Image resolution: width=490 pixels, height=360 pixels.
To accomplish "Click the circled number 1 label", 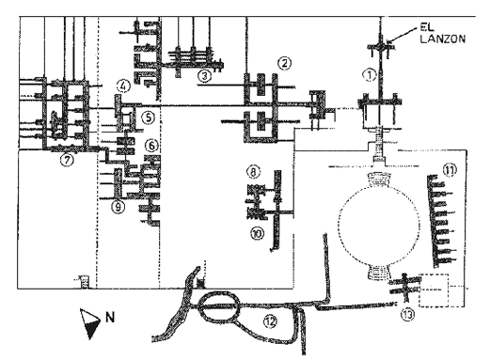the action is pos(370,75).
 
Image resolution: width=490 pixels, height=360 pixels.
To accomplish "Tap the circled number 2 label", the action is pos(284,64).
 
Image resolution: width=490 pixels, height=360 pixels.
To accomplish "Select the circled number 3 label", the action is pos(204,76).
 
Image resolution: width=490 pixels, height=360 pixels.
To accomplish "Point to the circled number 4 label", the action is pos(123,86).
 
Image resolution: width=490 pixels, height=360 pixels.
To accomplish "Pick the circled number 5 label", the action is pos(149,117).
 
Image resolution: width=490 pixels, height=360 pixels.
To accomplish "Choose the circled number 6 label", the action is pos(151,146).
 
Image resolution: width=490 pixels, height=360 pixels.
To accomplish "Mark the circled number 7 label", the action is pos(67,160).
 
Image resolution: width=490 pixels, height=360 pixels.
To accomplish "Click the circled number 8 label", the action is pos(253,172).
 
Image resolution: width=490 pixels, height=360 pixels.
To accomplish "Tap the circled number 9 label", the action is pos(118,207).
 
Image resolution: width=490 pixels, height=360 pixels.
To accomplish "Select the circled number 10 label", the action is pos(258,233).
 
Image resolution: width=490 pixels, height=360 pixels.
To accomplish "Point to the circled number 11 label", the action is pos(450,170).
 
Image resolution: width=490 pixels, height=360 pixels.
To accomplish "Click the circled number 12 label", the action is pos(270,321).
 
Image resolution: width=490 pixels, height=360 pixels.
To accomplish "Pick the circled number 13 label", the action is pos(408,315).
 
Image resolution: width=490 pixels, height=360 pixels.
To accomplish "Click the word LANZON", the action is pos(442,39).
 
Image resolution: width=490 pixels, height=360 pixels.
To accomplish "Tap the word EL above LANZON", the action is pos(427,27).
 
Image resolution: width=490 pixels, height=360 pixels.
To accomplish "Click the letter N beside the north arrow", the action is pos(110,318).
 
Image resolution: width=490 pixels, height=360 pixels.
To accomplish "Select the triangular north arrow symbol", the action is pos(90,323).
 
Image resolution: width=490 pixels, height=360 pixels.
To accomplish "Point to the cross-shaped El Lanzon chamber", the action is pos(380,47).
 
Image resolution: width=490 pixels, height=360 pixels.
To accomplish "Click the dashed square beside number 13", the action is pos(434,290).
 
